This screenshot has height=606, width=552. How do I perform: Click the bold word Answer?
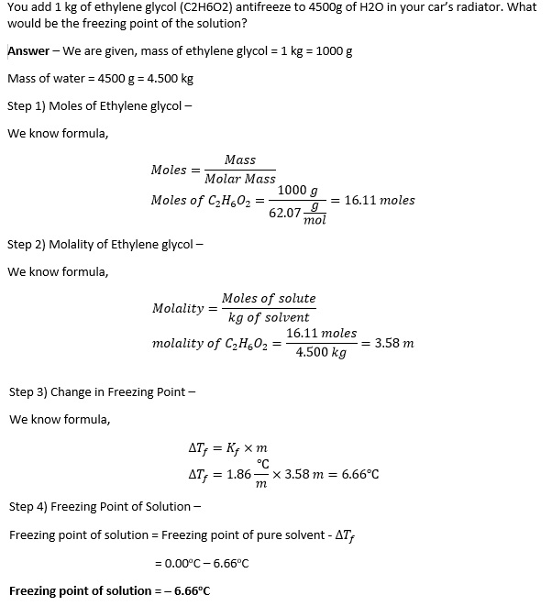[28, 50]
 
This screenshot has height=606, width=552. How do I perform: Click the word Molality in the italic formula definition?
[178, 308]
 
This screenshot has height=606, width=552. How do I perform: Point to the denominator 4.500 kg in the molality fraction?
[321, 353]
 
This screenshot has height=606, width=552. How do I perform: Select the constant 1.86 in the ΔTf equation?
[238, 474]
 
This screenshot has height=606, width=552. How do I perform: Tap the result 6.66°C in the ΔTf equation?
[360, 474]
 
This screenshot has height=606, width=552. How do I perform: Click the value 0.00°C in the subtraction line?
[183, 562]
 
